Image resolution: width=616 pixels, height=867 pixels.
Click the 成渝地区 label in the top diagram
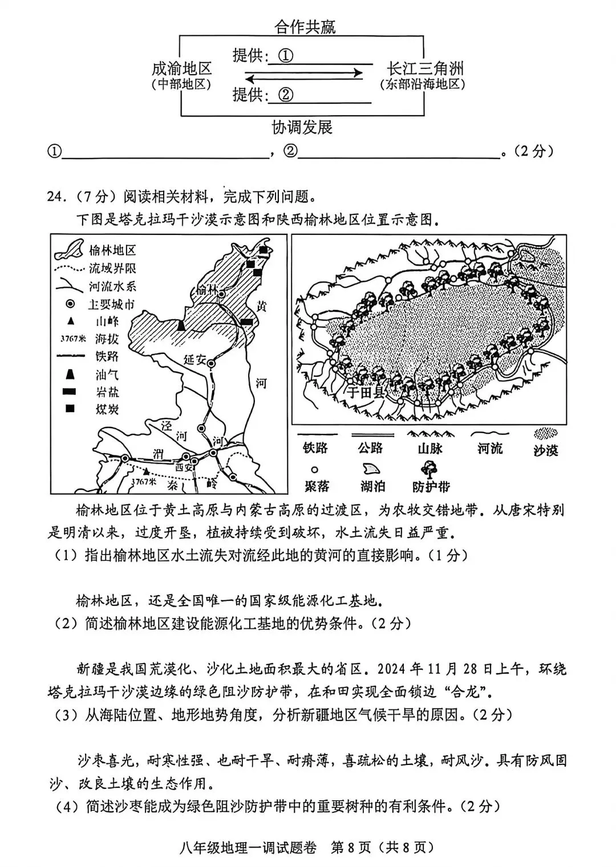tap(182, 70)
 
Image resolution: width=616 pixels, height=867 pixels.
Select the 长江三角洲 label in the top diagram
tap(425, 70)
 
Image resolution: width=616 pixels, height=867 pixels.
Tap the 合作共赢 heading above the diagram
tap(305, 27)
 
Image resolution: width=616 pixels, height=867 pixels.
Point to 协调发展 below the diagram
tap(302, 127)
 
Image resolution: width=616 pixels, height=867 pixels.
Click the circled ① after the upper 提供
tap(285, 56)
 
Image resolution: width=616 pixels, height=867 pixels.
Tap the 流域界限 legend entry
tap(112, 268)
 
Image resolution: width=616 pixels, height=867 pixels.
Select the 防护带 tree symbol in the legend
tap(425, 470)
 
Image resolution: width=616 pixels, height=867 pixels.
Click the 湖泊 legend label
tap(372, 486)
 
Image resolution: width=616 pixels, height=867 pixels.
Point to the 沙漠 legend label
tap(545, 450)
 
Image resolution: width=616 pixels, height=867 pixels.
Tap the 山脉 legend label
tap(429, 449)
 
